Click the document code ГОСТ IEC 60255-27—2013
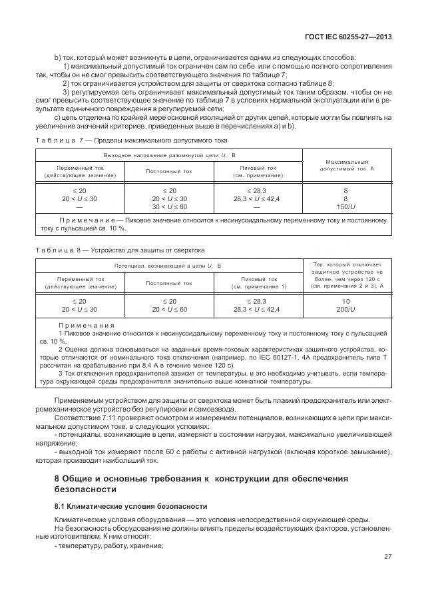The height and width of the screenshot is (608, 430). (347, 37)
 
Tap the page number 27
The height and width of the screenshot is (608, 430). (387, 557)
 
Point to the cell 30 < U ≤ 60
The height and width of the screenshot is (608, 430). (169, 207)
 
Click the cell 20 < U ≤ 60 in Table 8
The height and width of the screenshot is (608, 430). (169, 310)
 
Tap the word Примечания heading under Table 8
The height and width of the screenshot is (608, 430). (87, 324)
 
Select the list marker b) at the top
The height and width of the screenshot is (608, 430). (58, 57)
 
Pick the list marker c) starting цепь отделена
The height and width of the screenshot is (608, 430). (58, 118)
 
